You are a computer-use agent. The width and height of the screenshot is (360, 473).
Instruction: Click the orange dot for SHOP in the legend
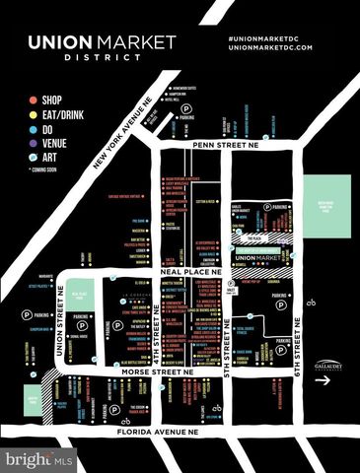(x=34, y=100)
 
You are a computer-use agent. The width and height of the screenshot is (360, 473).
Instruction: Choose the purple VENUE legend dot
(x=34, y=142)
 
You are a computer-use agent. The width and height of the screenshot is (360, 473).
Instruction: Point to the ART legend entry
(x=50, y=156)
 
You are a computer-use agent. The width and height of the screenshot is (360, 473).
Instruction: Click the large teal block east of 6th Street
(x=327, y=208)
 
